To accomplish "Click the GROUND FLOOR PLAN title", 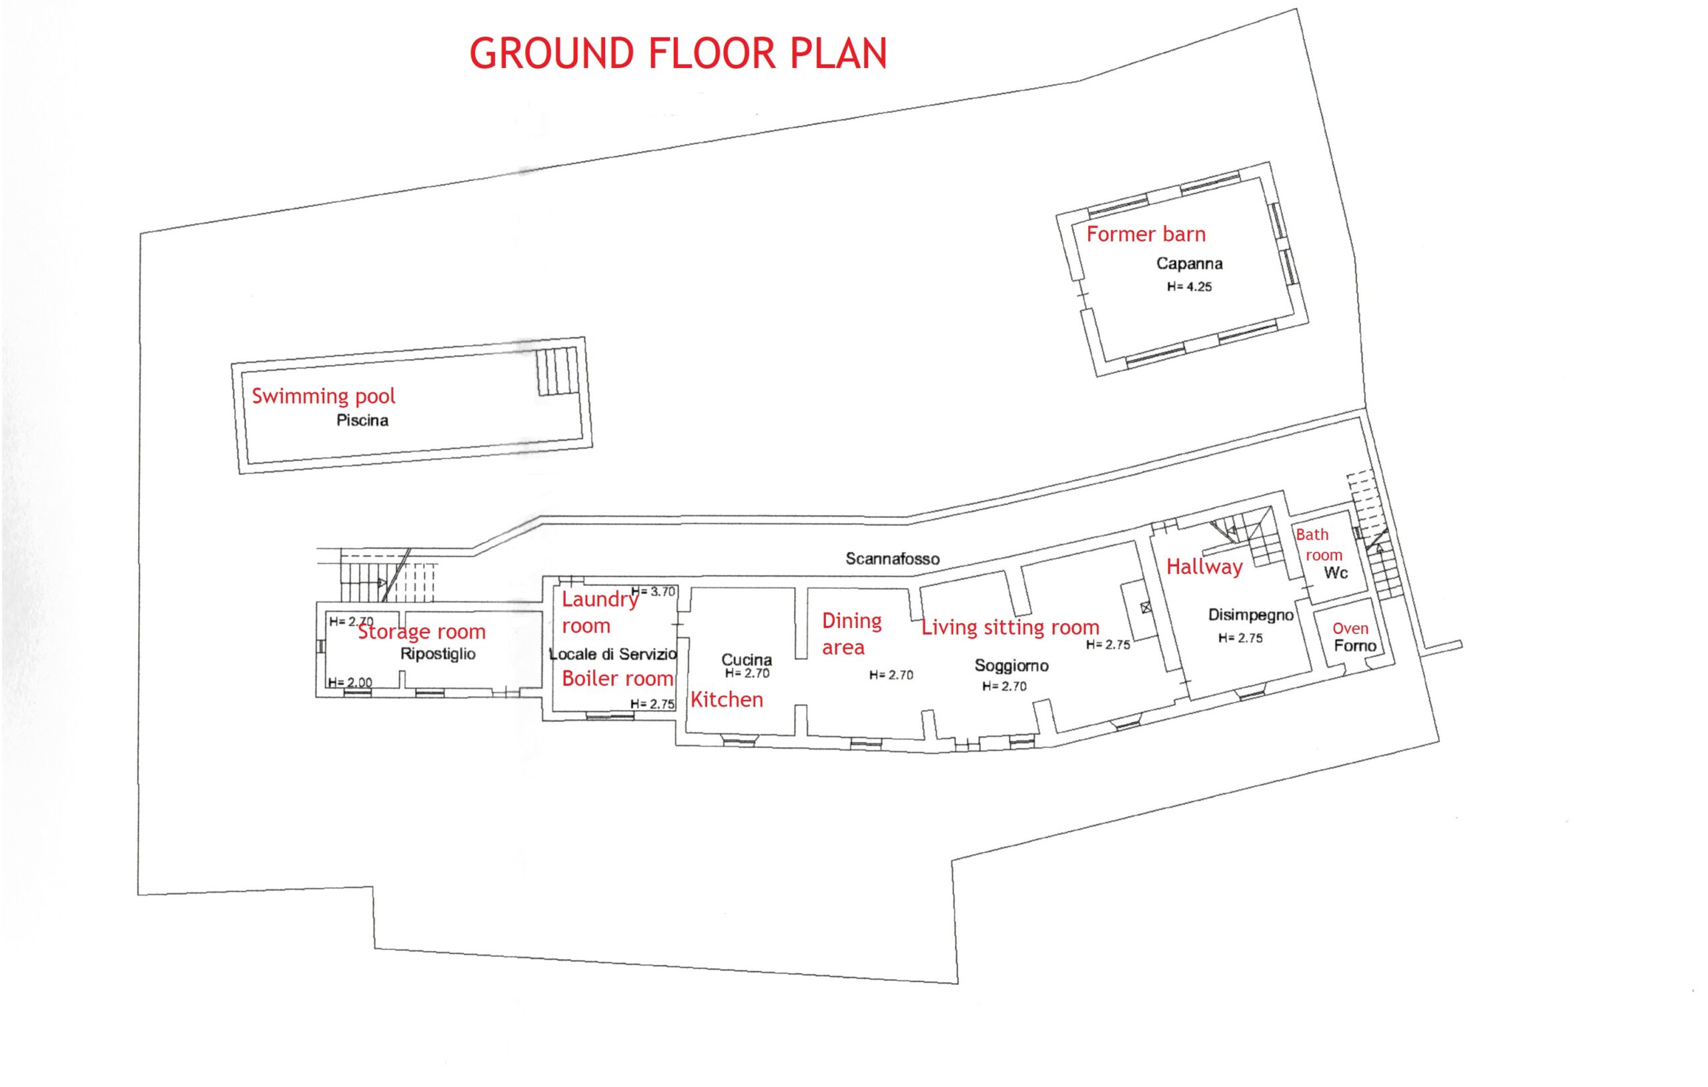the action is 678,53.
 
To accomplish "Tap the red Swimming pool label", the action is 324,396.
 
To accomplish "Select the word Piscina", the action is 362,421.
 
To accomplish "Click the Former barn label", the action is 1146,234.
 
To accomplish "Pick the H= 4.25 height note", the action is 1190,288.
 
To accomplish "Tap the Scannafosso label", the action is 892,559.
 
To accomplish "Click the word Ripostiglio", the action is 438,654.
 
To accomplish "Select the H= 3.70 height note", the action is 653,592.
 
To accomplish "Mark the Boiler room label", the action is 617,679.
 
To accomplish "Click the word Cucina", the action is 746,660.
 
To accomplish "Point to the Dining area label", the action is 851,634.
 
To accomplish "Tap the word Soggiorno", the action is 1011,665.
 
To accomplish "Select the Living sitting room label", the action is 1010,627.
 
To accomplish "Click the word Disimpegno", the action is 1250,615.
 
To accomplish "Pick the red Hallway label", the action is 1204,567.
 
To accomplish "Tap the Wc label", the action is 1336,573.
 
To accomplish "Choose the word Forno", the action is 1355,646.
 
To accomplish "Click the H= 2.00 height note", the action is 350,683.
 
